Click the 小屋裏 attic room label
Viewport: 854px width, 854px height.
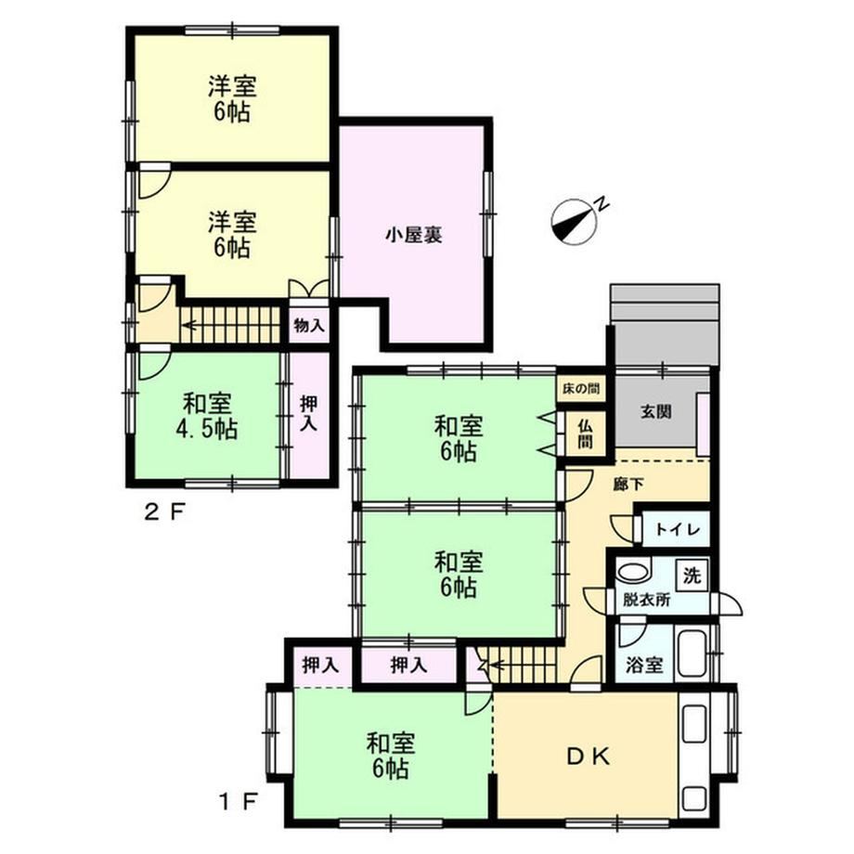(x=414, y=235)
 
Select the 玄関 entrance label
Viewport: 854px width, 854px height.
(x=655, y=411)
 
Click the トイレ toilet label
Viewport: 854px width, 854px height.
(x=677, y=529)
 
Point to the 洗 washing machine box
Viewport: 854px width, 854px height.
(x=692, y=575)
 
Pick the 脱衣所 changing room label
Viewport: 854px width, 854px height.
(x=646, y=600)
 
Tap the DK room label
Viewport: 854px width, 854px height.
(x=589, y=757)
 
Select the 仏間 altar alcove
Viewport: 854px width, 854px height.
(x=585, y=433)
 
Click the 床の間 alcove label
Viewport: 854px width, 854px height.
(x=581, y=389)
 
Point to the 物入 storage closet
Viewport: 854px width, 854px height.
(x=309, y=326)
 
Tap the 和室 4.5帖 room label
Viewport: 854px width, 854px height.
(x=206, y=416)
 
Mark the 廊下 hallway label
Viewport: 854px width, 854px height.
(x=629, y=485)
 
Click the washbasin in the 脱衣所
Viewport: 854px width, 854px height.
(x=633, y=573)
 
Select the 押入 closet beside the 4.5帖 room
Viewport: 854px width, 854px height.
(x=309, y=415)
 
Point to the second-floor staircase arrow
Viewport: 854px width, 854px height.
(x=232, y=326)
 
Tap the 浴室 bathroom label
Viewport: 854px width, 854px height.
(x=644, y=665)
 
